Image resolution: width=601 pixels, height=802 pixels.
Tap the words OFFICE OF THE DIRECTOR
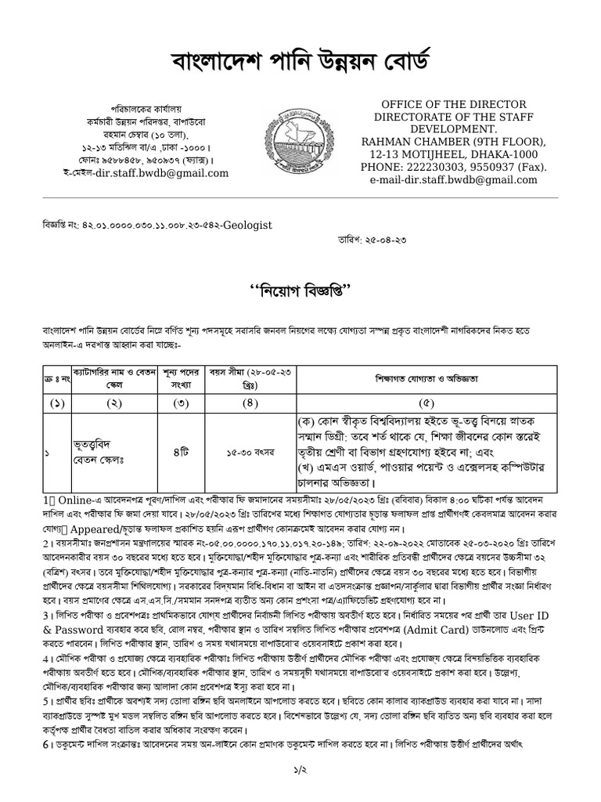click(453, 104)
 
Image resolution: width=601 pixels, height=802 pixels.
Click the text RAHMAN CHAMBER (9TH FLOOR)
click(453, 142)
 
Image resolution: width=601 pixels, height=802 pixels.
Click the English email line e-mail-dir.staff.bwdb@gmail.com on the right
click(453, 179)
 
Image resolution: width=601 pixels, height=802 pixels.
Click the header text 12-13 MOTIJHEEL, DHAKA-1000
click(453, 154)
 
